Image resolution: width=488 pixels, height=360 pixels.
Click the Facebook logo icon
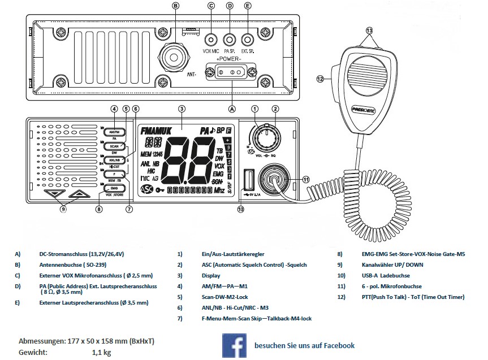[234, 345]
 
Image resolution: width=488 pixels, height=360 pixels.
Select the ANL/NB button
[114, 160]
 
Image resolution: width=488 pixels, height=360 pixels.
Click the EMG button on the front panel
[114, 188]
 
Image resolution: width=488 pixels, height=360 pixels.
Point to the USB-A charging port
[247, 180]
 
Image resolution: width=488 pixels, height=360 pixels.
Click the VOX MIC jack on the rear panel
[211, 40]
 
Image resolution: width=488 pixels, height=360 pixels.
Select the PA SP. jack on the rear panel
[230, 40]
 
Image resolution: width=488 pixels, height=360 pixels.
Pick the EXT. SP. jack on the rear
[248, 40]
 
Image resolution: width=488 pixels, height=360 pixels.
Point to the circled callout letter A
[230, 105]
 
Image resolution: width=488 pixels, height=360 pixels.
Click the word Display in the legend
[211, 276]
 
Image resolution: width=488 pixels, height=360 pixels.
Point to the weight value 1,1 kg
[102, 352]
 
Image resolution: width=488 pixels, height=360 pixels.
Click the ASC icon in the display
[146, 189]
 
